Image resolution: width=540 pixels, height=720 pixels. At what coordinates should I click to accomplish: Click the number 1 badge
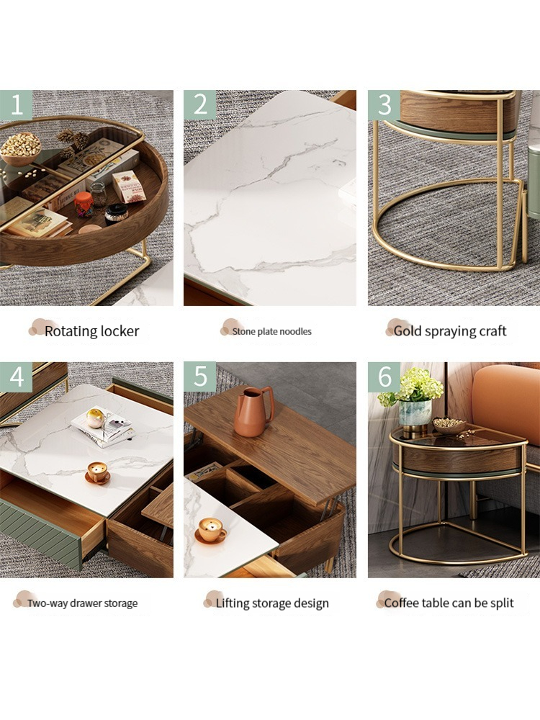16,105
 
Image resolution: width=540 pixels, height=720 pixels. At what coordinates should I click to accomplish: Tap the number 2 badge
199,105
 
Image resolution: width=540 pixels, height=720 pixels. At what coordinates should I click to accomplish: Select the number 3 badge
384,105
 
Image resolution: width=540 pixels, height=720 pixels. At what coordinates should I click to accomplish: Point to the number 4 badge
16,377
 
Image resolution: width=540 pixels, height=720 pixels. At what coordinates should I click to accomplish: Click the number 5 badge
199,377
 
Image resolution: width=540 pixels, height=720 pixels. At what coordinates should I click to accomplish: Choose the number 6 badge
384,377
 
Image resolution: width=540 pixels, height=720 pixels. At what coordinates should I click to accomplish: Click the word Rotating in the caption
70,331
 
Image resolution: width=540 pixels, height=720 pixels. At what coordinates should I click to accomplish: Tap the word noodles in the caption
295,332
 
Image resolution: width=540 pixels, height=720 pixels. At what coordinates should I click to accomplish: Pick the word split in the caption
500,603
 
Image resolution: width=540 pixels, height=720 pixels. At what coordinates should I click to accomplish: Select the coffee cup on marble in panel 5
210,531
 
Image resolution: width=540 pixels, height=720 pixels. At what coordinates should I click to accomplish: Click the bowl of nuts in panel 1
21,148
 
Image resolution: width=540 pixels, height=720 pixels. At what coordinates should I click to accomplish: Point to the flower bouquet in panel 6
412,387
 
